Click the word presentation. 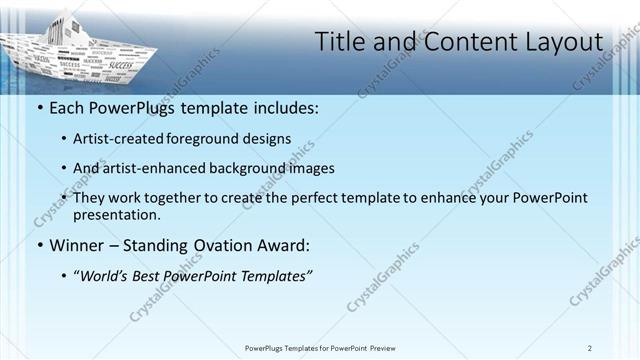[x=116, y=214]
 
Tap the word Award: [x=291, y=245]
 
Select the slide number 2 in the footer [x=590, y=348]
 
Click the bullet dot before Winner [x=39, y=245]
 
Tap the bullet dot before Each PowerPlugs [x=39, y=108]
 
